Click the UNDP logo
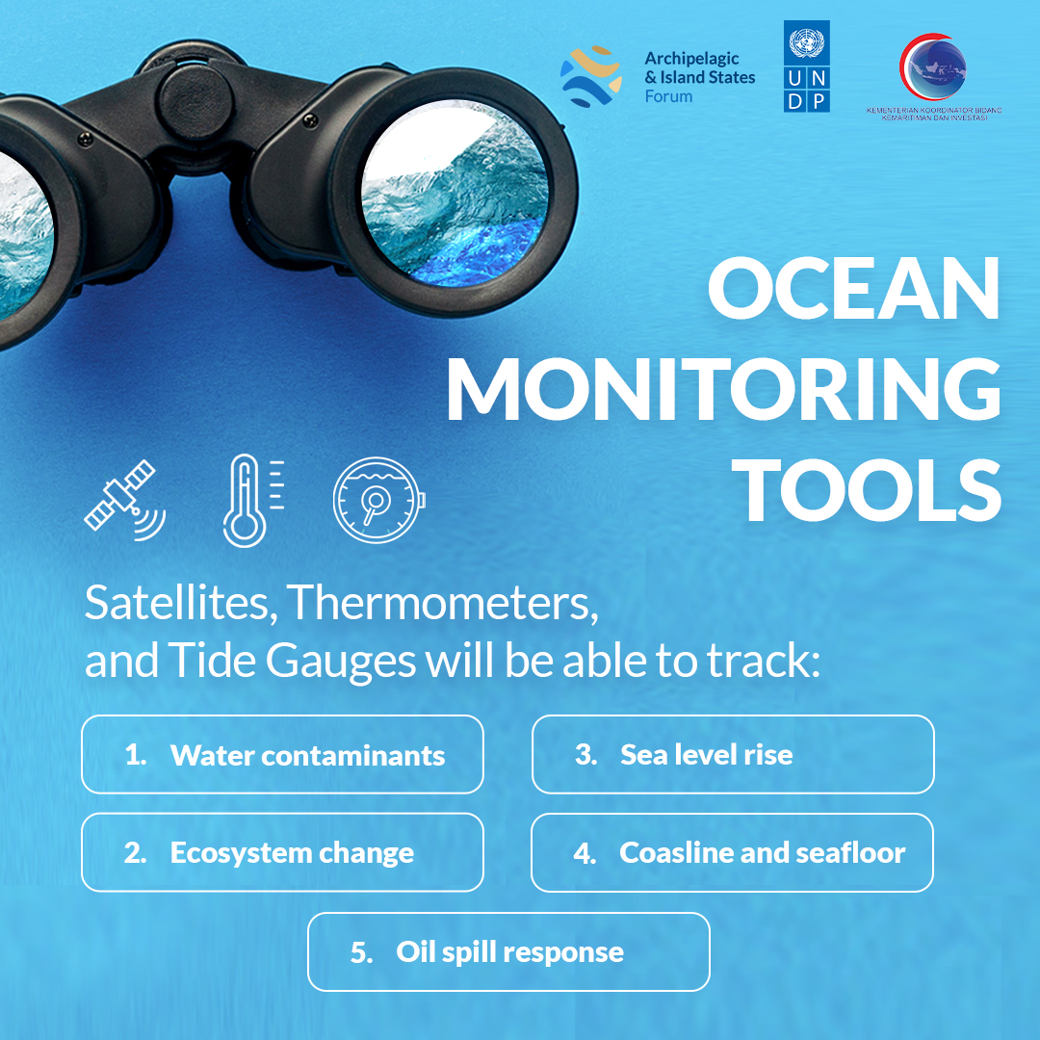(x=806, y=68)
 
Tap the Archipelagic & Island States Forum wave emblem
(x=591, y=75)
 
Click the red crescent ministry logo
(x=932, y=67)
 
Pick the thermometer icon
(x=249, y=499)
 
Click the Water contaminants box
(x=282, y=755)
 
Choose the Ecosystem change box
(x=282, y=853)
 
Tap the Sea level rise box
(x=732, y=755)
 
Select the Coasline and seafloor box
(x=732, y=853)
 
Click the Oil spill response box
(x=508, y=952)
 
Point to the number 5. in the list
(x=362, y=953)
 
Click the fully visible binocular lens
(x=455, y=193)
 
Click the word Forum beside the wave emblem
(x=668, y=96)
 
